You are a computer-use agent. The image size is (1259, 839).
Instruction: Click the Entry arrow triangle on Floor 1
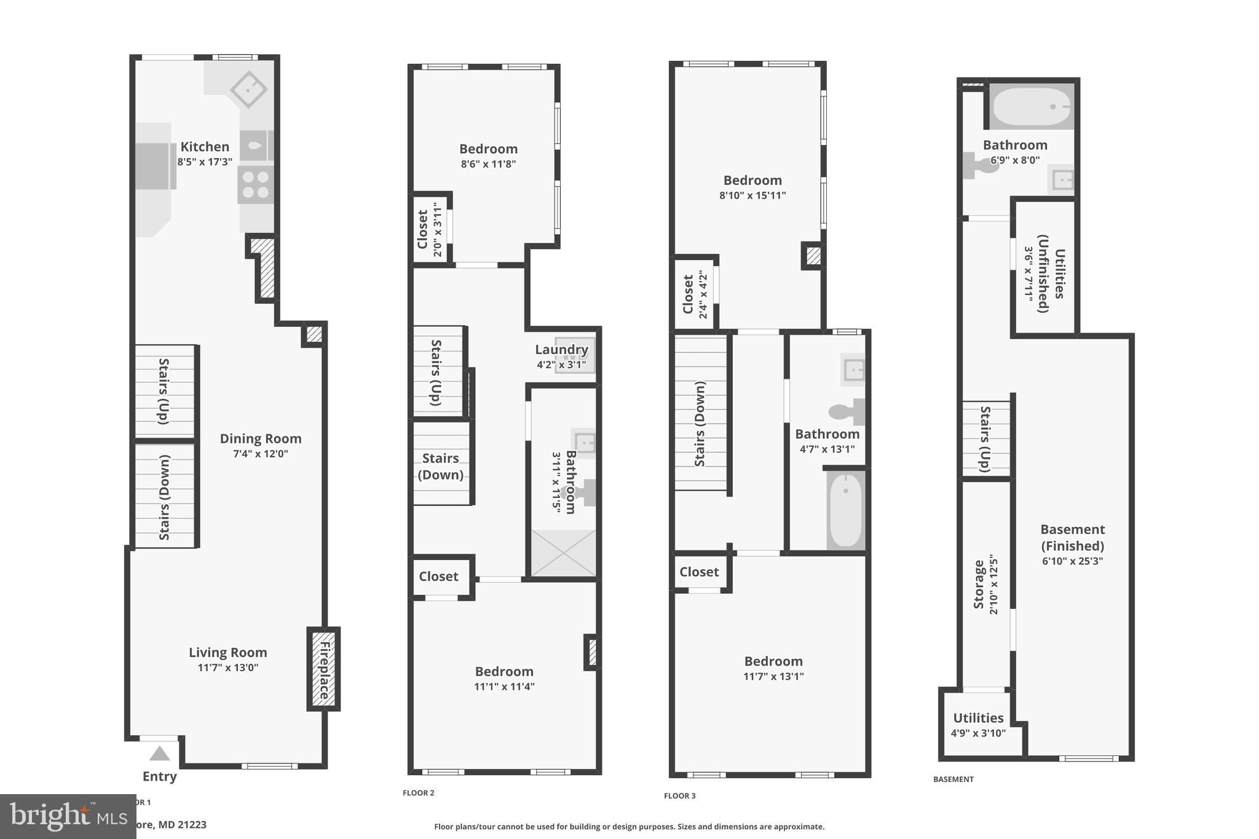click(159, 754)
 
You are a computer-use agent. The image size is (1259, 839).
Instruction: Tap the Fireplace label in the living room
click(324, 669)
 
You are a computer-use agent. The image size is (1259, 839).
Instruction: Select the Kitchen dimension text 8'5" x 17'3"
click(205, 162)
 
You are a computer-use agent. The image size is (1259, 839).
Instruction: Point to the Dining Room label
click(261, 439)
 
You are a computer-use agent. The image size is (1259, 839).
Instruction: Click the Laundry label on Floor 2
click(561, 350)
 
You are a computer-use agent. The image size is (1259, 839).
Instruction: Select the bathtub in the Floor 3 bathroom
click(846, 510)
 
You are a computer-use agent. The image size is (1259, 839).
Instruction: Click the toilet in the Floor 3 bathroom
click(847, 411)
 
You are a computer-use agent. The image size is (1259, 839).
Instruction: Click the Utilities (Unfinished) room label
click(1051, 273)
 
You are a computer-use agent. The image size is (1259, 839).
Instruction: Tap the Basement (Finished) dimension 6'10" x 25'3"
click(1072, 561)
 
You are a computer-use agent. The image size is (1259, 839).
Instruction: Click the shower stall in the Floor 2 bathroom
click(563, 553)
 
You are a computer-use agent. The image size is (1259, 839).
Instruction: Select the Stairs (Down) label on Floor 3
click(700, 423)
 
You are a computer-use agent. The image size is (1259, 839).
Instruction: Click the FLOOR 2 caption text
click(418, 793)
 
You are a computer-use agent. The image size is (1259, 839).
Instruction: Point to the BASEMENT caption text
click(953, 779)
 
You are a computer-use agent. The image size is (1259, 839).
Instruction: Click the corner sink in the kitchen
click(248, 90)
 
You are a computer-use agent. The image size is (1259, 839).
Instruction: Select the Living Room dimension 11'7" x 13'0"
click(227, 668)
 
